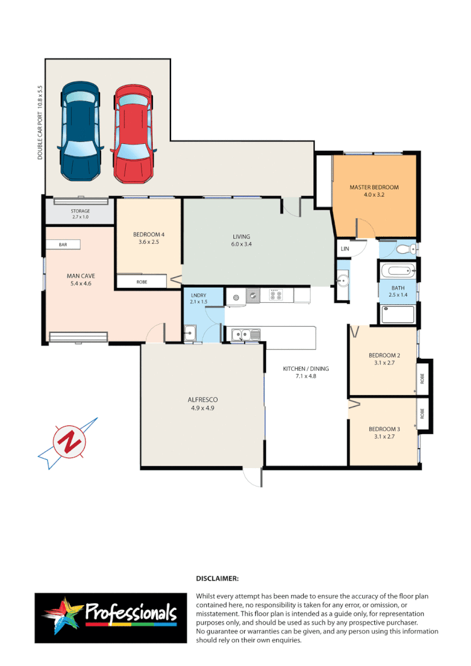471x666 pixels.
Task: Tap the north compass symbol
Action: tap(67, 442)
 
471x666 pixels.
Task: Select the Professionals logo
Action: tap(111, 614)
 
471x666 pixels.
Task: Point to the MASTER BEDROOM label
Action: tap(374, 187)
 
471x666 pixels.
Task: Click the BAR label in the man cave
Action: tap(62, 244)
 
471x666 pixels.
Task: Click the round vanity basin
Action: tap(343, 281)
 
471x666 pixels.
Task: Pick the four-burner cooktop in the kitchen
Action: tap(277, 294)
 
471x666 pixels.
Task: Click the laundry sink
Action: tap(190, 334)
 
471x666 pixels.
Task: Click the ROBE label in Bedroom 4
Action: tap(142, 282)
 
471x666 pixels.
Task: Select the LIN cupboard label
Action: tap(344, 249)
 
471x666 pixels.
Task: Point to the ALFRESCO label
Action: tap(202, 400)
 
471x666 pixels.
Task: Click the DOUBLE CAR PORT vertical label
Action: tap(40, 123)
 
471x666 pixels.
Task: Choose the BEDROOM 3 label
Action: tap(384, 429)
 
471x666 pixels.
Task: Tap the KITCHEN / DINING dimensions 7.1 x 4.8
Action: tap(306, 377)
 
